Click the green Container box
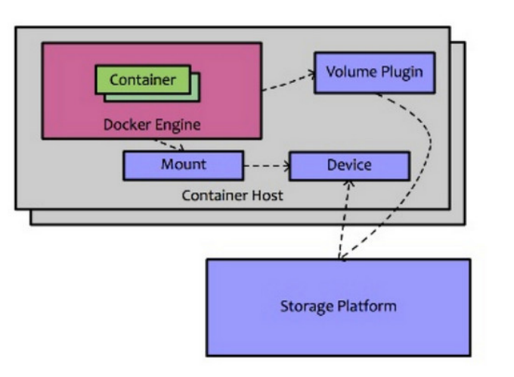pos(141,79)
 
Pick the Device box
pos(348,165)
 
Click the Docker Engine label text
pos(152,125)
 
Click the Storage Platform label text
pos(337,307)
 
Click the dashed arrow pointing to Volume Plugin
pos(287,82)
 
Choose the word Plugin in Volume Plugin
pos(390,73)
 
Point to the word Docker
pos(127,125)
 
